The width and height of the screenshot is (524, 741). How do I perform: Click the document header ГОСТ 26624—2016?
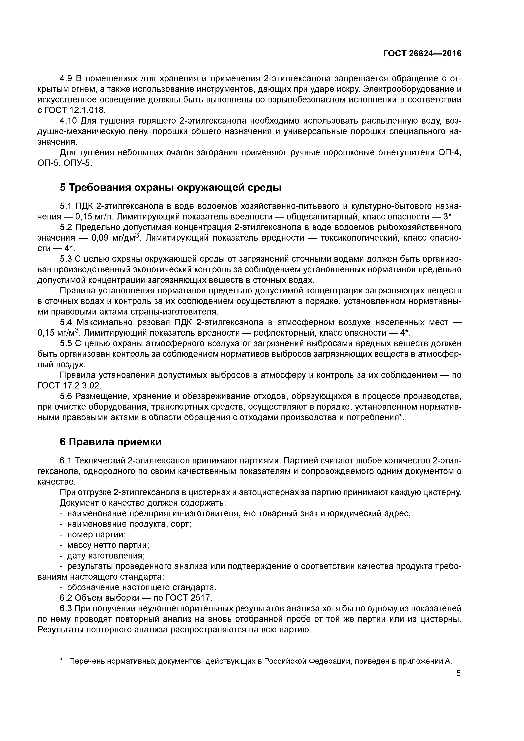click(422, 54)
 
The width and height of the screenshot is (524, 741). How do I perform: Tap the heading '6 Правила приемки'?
click(111, 442)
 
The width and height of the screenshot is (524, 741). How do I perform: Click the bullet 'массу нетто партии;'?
click(108, 545)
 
